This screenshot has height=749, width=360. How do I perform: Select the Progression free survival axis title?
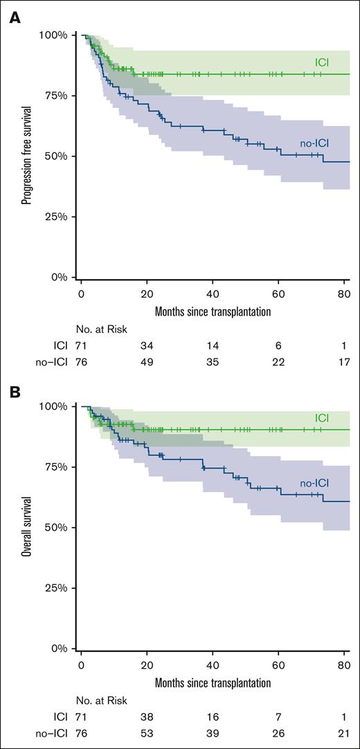[x=26, y=156]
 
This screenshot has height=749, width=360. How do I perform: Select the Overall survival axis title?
[x=26, y=527]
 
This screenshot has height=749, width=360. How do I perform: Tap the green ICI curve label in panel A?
[x=322, y=63]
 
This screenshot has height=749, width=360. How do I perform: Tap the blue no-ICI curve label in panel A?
[x=314, y=143]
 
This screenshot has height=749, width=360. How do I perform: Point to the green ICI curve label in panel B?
[x=322, y=418]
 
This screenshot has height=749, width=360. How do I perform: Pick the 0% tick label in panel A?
[x=58, y=278]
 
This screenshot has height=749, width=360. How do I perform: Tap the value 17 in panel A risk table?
[x=345, y=362]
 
